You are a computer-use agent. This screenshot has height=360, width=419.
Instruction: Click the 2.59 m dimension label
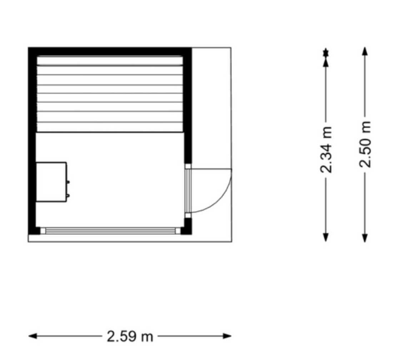click(130, 336)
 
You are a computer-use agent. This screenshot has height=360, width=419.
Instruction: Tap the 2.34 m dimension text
click(326, 149)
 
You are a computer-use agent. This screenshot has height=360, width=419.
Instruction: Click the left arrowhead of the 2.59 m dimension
click(33, 336)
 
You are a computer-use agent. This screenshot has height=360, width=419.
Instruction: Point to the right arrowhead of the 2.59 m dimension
click(227, 336)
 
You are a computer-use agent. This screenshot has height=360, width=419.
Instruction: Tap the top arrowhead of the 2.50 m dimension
click(365, 51)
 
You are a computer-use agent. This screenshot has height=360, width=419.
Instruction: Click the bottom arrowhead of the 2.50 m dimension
click(365, 238)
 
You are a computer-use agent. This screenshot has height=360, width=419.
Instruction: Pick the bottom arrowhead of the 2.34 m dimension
click(325, 237)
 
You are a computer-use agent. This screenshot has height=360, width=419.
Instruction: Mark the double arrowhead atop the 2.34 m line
click(325, 57)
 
